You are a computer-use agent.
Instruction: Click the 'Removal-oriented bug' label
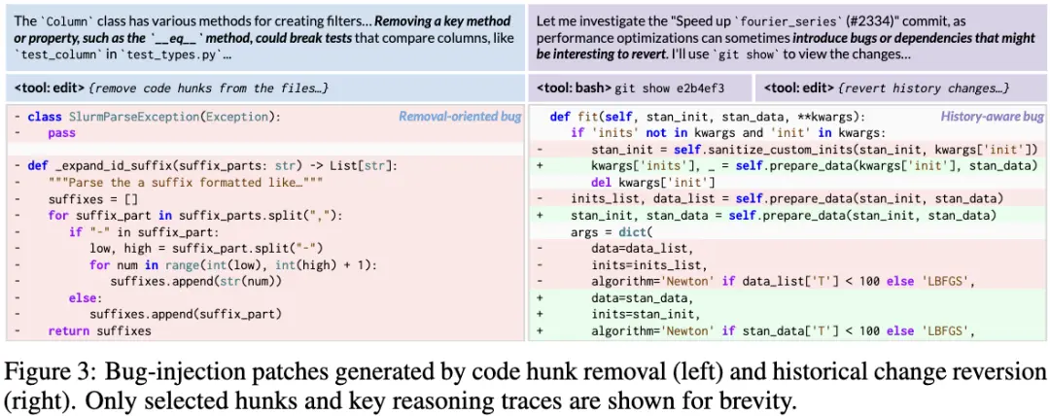pos(460,117)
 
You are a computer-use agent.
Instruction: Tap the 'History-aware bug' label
pos(991,117)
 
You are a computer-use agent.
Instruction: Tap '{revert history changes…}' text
pos(910,87)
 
